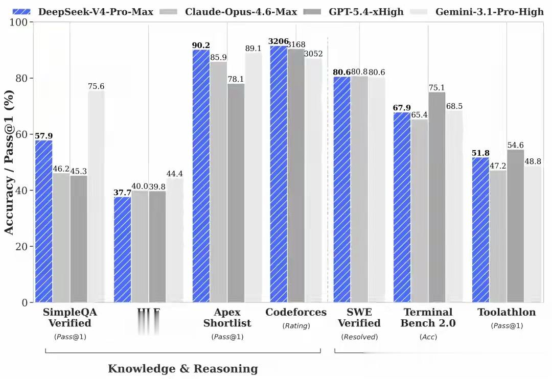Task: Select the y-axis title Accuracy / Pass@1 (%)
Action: point(9,162)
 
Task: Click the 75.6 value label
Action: point(96,86)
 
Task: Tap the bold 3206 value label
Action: point(279,41)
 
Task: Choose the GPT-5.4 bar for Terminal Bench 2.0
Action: point(437,197)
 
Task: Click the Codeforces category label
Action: point(296,312)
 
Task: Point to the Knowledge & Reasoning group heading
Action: point(183,369)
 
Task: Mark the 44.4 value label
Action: point(174,174)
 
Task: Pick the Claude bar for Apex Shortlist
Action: point(219,181)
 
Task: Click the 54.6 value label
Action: point(515,145)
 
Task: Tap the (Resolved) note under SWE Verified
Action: point(359,337)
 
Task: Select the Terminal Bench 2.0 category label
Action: point(428,318)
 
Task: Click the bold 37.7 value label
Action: point(122,193)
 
